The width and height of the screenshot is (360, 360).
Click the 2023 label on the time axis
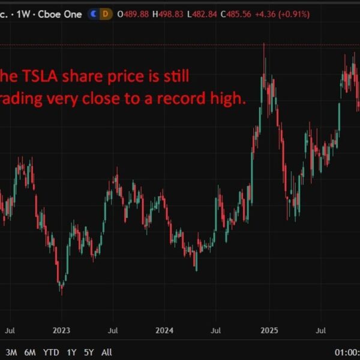coord(61,330)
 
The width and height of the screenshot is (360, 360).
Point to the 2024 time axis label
coord(164,330)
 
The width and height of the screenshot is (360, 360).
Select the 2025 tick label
coord(269,330)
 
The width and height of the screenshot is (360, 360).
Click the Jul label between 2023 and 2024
coord(113,330)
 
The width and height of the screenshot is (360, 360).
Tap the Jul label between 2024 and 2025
coord(216,330)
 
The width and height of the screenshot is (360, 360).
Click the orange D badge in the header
coord(106,13)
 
